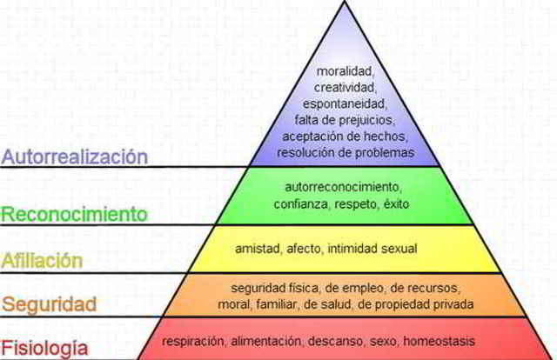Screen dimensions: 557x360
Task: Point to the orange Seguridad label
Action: (49, 304)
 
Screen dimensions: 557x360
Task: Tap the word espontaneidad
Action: (344, 104)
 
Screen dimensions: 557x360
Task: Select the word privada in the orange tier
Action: (453, 303)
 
